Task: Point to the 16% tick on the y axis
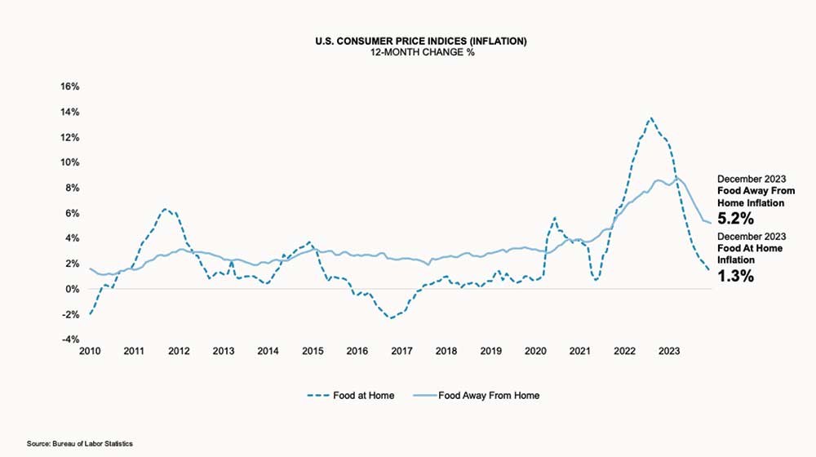pyautogui.click(x=69, y=87)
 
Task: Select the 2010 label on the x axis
pyautogui.click(x=89, y=352)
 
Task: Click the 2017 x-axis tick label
pyautogui.click(x=401, y=352)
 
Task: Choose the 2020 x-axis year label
pyautogui.click(x=534, y=352)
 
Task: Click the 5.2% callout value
pyautogui.click(x=735, y=219)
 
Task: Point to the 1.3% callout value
pyautogui.click(x=735, y=276)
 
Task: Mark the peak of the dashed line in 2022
pyautogui.click(x=650, y=118)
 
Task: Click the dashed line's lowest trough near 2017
pyautogui.click(x=392, y=317)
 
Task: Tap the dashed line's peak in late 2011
pyautogui.click(x=164, y=209)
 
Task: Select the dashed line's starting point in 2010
pyautogui.click(x=90, y=314)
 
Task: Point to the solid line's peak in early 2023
pyautogui.click(x=676, y=176)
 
